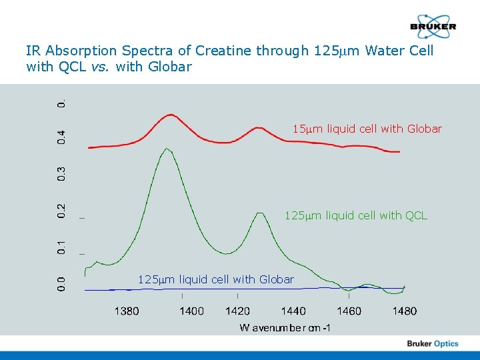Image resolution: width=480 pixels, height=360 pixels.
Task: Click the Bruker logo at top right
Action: [x=433, y=27]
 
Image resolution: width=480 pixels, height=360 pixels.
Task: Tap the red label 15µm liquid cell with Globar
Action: [x=367, y=129]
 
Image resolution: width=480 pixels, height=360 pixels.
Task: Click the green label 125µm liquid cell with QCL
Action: [x=355, y=215]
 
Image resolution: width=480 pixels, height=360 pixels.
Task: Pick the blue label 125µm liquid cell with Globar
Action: [x=215, y=279]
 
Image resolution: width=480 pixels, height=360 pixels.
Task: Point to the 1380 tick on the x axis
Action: [x=127, y=311]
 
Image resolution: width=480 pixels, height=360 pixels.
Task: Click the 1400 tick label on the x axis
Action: [x=191, y=311]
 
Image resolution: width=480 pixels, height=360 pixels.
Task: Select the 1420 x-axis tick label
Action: [x=238, y=311]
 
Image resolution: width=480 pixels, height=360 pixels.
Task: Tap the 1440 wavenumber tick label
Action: [x=293, y=311]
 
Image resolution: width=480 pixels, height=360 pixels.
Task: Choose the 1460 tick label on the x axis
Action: [x=349, y=311]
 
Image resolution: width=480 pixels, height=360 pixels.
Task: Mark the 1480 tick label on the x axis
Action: [x=404, y=311]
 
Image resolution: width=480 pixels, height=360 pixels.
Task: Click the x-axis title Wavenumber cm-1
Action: [x=285, y=327]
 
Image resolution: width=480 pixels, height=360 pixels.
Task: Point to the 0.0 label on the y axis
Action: [x=61, y=283]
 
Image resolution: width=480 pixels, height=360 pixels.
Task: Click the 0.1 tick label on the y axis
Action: [x=61, y=247]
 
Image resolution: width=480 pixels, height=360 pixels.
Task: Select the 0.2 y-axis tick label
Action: [x=61, y=210]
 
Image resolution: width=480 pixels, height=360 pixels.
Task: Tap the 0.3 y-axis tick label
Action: [x=61, y=174]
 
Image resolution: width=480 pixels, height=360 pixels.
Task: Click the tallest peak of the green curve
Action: [x=167, y=149]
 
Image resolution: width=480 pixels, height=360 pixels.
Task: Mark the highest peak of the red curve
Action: [x=171, y=115]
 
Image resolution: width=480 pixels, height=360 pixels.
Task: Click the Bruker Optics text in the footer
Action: [x=433, y=343]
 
